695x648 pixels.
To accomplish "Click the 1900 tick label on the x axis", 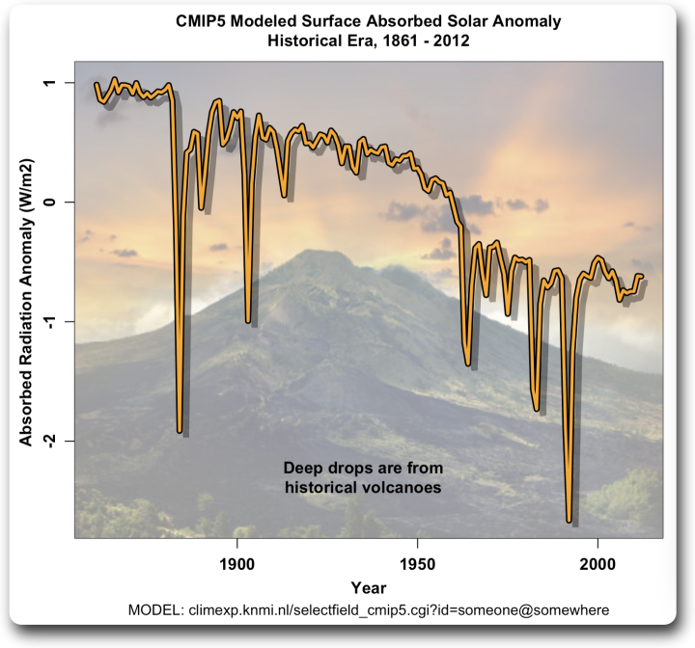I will pyautogui.click(x=236, y=562).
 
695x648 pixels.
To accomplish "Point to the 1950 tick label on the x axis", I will pyautogui.click(x=416, y=562).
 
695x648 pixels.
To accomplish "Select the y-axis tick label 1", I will pyautogui.click(x=56, y=84).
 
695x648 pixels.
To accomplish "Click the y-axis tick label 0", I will pyautogui.click(x=56, y=202).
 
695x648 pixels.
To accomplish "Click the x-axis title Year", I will pyautogui.click(x=368, y=587).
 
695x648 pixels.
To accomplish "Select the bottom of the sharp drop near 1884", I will pyautogui.click(x=180, y=431).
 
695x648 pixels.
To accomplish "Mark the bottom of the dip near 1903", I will pyautogui.click(x=248, y=321).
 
